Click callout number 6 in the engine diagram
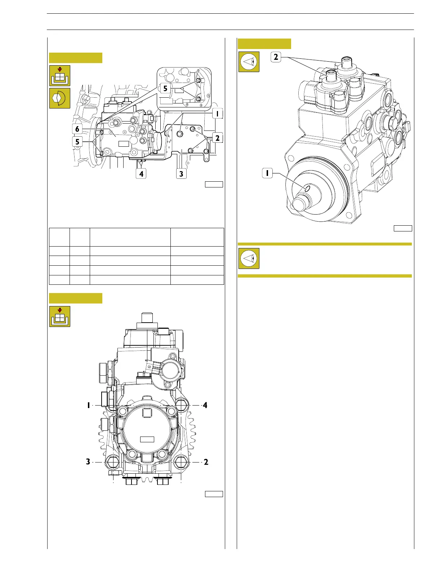77,129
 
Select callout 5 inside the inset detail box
165,88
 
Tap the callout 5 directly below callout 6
77,142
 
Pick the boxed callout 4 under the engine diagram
141,174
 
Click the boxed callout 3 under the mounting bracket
181,174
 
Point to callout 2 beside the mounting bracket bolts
218,138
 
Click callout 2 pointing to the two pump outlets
276,57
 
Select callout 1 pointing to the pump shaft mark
267,173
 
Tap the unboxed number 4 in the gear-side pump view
205,405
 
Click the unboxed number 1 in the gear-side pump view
89,405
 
